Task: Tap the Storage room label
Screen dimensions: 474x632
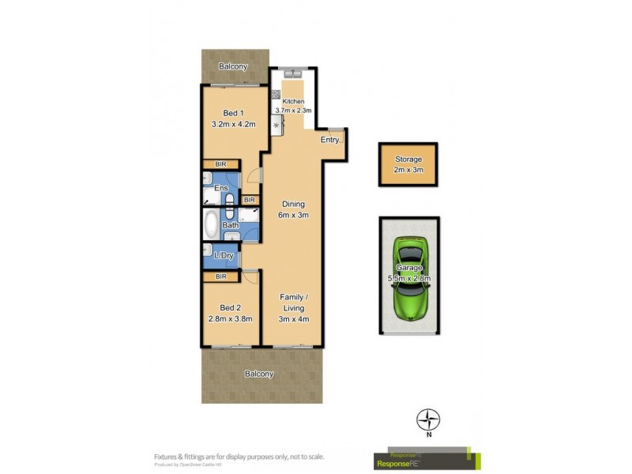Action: (x=408, y=160)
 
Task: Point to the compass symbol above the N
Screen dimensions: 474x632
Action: (x=428, y=419)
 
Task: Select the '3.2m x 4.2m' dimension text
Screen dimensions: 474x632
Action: (x=231, y=124)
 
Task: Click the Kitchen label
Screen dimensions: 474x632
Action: (x=293, y=101)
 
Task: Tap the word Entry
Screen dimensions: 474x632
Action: (x=329, y=140)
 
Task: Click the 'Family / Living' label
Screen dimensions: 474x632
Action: (x=292, y=303)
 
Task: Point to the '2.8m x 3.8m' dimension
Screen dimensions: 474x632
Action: (x=230, y=319)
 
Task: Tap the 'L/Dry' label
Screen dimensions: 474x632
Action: (x=224, y=256)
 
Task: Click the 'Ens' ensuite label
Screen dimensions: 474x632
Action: (x=221, y=188)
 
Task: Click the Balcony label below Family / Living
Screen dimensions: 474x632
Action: (x=259, y=374)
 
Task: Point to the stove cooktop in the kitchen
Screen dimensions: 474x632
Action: (x=276, y=125)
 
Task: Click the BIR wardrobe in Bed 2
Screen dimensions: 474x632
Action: (x=221, y=277)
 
